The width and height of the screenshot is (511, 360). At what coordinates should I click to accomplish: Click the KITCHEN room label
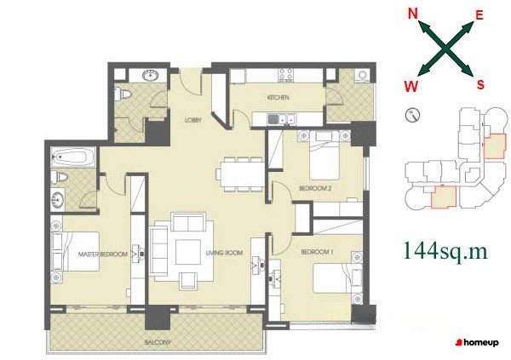coord(278,97)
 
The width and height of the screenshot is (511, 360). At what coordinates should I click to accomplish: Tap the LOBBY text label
coord(193,120)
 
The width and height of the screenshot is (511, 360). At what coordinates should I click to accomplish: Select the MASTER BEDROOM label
coord(103,254)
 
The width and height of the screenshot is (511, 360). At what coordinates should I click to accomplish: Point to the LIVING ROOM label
coord(224,253)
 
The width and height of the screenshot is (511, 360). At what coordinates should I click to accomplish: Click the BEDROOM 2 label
coord(315,188)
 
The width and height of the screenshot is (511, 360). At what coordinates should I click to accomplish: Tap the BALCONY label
coord(158,342)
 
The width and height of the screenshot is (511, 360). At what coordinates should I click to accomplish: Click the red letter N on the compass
coord(412,14)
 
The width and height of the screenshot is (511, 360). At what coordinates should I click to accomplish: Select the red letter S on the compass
coord(480,84)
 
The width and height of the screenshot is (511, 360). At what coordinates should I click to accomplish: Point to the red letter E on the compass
coord(479,15)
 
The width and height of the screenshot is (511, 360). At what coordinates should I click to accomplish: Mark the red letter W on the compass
coord(411,87)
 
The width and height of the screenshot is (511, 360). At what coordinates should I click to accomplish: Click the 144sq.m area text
coord(445,252)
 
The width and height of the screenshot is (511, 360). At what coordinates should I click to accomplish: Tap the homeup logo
coord(477,342)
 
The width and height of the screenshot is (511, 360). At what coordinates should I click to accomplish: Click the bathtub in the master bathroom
coord(73,157)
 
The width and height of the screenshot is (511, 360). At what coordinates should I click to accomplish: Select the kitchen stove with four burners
coord(286,74)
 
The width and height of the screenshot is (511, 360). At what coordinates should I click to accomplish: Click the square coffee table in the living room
coord(188,252)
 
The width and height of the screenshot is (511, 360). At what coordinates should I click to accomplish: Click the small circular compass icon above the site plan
coord(413,115)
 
